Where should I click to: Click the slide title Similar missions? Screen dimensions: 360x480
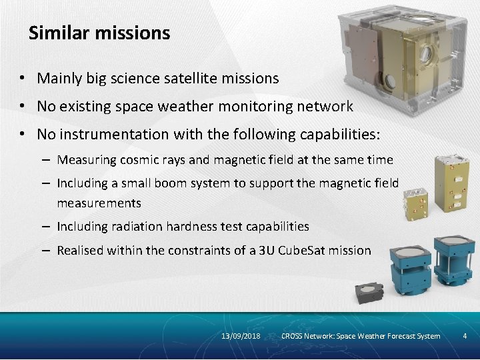tap(99, 33)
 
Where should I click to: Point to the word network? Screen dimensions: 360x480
tap(325, 107)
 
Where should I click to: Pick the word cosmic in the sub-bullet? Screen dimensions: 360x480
tap(136, 160)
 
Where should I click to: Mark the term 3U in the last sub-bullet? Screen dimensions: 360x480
tap(267, 251)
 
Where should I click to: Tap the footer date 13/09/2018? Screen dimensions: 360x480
tap(241, 336)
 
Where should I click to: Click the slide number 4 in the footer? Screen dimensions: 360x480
tap(465, 336)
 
